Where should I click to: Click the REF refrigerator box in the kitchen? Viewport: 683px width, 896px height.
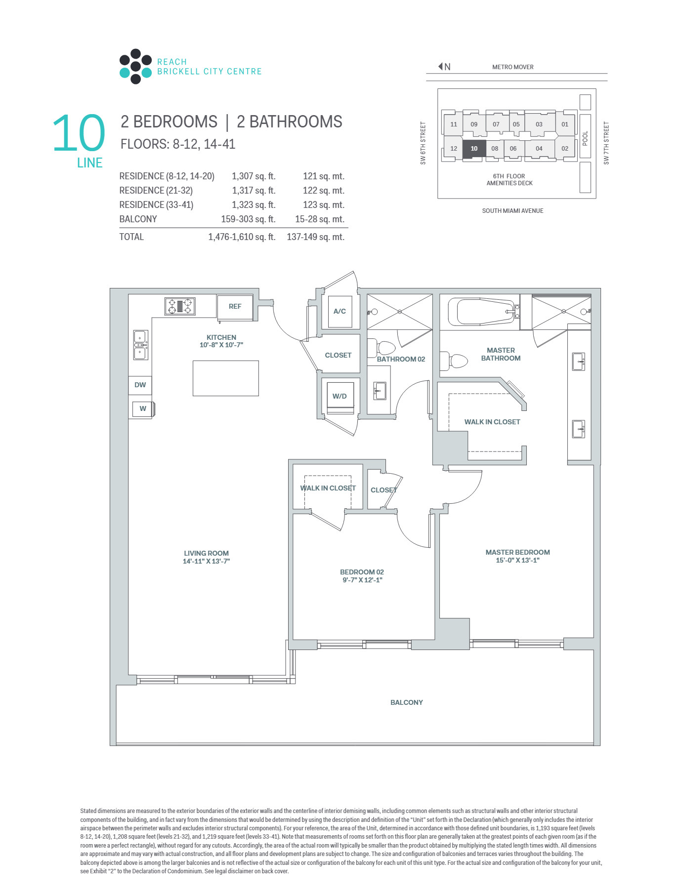(235, 307)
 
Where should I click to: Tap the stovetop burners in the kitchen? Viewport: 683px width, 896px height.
(180, 306)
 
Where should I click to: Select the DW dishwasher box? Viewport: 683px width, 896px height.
(140, 385)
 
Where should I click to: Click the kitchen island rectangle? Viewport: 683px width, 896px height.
(225, 378)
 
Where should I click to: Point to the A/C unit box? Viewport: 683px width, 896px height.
(340, 312)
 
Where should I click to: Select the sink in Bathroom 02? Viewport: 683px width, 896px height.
(380, 391)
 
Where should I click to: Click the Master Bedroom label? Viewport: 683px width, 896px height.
(517, 552)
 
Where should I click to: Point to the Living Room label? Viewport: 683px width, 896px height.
(206, 553)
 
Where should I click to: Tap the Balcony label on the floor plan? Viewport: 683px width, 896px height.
(407, 702)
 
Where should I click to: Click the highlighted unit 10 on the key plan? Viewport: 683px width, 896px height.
(474, 149)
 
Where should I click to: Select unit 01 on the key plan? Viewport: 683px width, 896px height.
(565, 124)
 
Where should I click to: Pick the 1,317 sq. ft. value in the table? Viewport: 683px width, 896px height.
(254, 191)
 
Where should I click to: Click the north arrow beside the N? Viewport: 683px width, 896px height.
(440, 67)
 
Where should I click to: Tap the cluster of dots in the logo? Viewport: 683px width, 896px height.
(135, 66)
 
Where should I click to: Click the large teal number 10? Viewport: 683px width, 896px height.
(79, 132)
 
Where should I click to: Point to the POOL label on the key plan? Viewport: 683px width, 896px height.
(585, 138)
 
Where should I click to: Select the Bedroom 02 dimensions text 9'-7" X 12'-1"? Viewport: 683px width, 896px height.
(362, 580)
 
